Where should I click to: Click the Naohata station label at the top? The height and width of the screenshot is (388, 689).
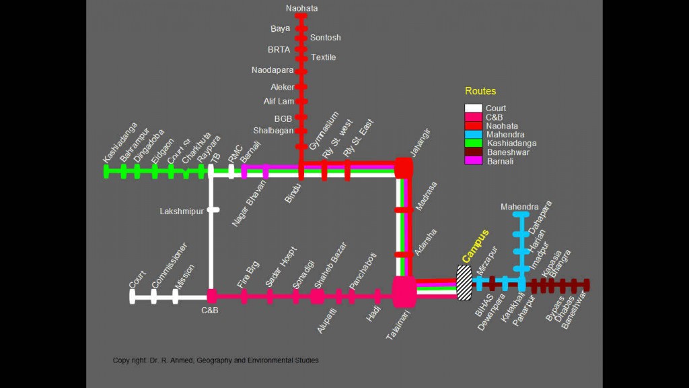[301, 8]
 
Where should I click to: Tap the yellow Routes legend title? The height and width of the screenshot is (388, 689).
[480, 91]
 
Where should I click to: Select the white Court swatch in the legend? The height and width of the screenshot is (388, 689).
[474, 108]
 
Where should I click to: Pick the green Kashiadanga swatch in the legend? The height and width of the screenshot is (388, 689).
[474, 143]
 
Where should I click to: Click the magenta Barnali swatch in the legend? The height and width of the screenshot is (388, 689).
[474, 161]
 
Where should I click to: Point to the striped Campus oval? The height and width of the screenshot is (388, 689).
[464, 283]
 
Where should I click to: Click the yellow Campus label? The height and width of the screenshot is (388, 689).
[475, 246]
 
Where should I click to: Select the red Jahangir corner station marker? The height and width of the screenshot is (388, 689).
[403, 167]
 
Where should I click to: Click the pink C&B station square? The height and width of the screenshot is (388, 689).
[211, 296]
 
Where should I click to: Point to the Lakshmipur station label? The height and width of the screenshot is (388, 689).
[181, 212]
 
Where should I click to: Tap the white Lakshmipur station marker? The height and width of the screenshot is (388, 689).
[213, 210]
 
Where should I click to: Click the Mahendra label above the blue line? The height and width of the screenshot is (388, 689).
[519, 207]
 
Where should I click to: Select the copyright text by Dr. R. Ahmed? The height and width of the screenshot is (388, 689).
[215, 360]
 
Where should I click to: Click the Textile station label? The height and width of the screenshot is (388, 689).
[324, 57]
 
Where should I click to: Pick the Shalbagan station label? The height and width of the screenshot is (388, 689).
[273, 130]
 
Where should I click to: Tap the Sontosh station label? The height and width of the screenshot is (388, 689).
[326, 38]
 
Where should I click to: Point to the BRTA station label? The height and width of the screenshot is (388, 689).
[279, 49]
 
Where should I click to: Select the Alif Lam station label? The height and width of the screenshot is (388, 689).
[279, 101]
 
